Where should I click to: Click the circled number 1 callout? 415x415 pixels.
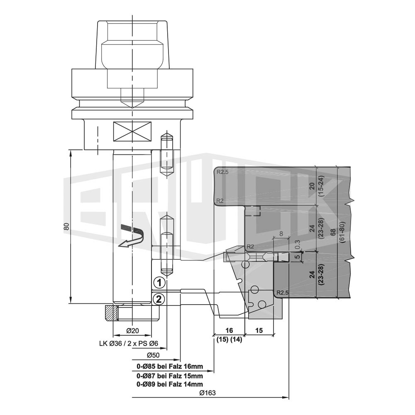159,283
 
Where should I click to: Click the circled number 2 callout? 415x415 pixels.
159,299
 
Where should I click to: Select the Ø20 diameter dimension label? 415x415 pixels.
133,331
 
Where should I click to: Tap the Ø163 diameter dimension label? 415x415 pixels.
207,393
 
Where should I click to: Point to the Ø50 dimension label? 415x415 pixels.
153,355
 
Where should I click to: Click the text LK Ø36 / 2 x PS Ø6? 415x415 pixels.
129,344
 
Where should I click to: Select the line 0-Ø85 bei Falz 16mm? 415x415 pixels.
170,366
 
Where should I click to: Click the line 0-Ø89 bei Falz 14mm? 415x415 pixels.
170,384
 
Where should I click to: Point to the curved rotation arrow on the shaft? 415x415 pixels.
131,236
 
